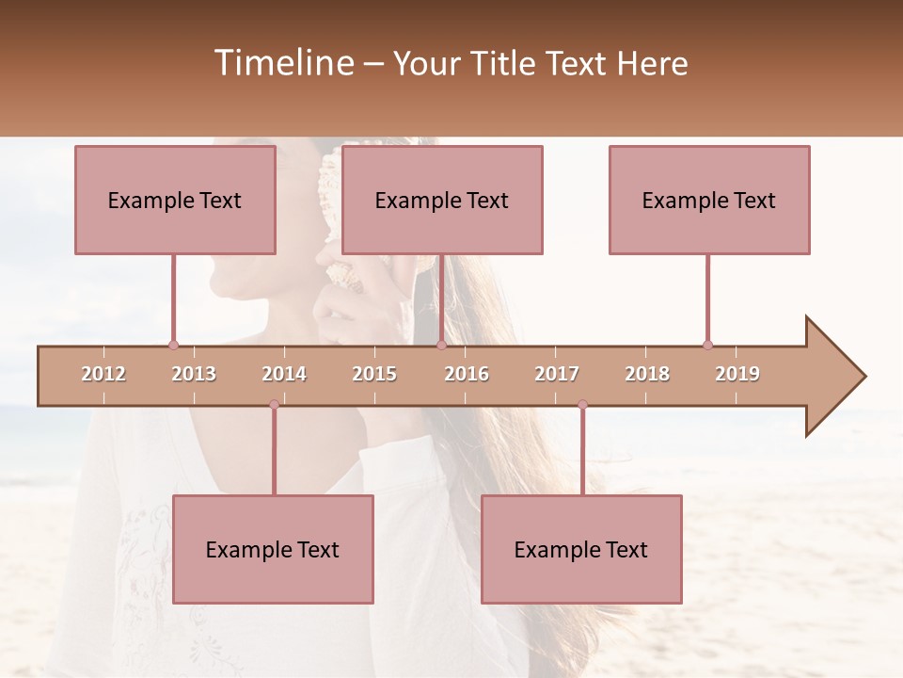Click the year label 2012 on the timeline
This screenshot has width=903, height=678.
[103, 374]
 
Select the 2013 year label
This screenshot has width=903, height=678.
[194, 374]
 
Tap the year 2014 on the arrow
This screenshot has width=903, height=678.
[284, 374]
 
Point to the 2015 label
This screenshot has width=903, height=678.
[374, 374]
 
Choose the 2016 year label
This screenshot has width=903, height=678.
[467, 374]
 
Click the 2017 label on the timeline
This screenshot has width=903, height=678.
[557, 374]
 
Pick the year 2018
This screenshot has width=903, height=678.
[647, 374]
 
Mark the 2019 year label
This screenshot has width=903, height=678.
[737, 374]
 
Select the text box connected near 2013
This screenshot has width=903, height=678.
[175, 200]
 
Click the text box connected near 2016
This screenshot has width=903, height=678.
[442, 200]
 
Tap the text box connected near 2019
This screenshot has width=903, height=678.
[709, 200]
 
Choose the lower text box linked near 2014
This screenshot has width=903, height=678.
[273, 549]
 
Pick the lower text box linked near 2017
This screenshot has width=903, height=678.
[581, 549]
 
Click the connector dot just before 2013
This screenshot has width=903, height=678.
[173, 345]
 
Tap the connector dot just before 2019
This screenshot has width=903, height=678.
[707, 345]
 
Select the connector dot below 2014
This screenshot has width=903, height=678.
[274, 405]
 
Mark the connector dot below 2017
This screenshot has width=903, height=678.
[582, 405]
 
